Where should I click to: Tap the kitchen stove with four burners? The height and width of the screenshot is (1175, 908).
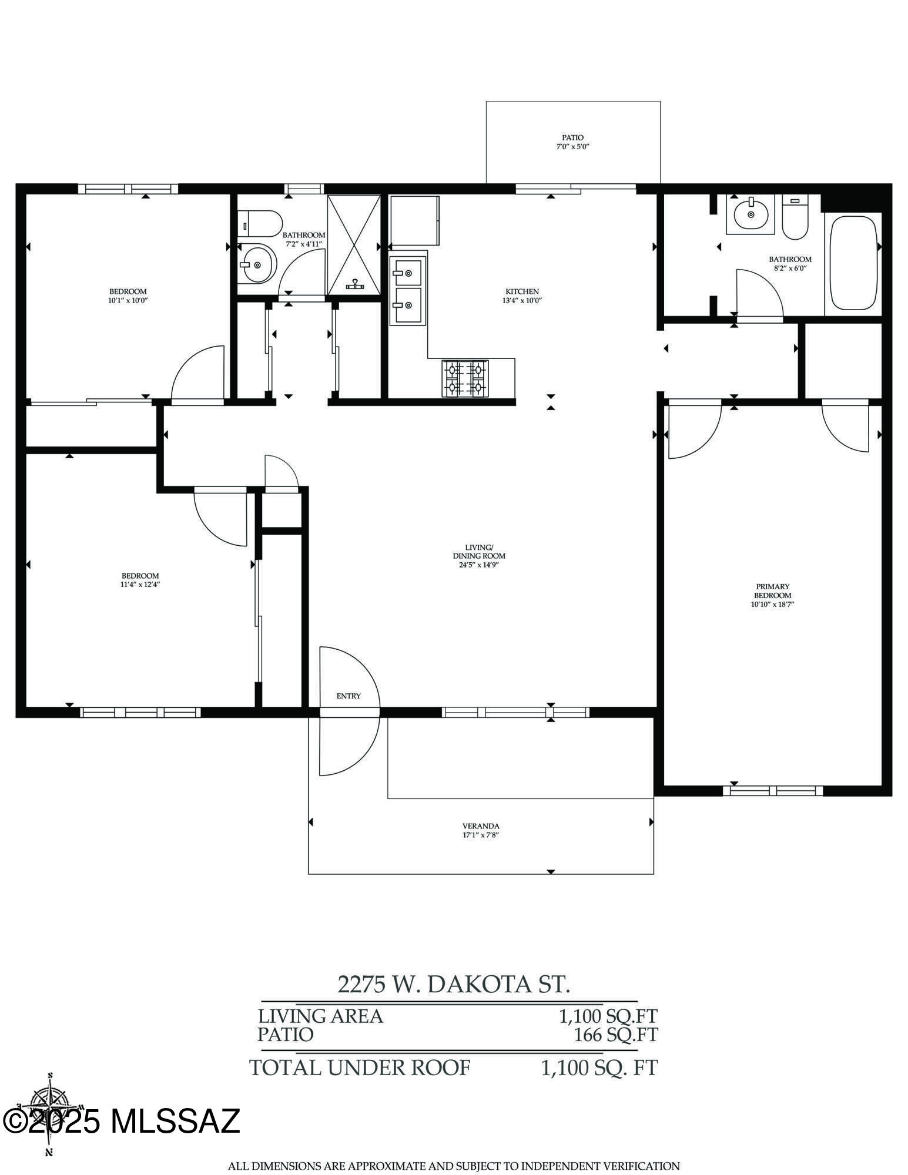click(465, 378)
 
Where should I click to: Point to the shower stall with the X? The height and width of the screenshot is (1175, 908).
click(354, 244)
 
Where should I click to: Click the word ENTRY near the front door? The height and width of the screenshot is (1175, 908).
click(349, 696)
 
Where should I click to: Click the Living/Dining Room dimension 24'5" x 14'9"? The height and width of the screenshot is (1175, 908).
click(479, 565)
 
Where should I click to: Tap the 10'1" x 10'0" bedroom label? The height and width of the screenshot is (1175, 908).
click(128, 296)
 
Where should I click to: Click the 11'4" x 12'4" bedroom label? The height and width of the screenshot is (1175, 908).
click(140, 580)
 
